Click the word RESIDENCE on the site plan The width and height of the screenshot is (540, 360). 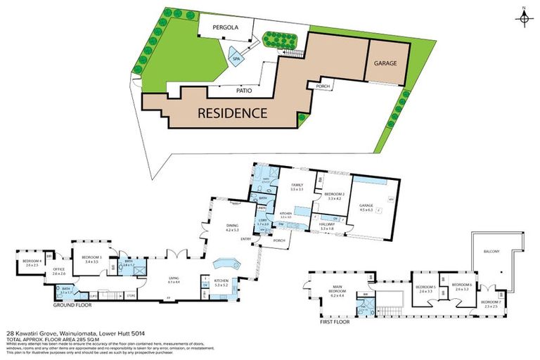click(x=231, y=112)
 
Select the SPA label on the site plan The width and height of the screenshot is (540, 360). click(x=236, y=60)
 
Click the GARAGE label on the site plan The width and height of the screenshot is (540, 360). click(x=385, y=63)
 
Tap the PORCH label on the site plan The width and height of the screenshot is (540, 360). click(x=323, y=86)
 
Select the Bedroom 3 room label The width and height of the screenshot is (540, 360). click(x=91, y=259)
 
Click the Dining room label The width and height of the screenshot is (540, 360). click(x=233, y=227)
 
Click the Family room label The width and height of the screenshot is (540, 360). click(x=297, y=187)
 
